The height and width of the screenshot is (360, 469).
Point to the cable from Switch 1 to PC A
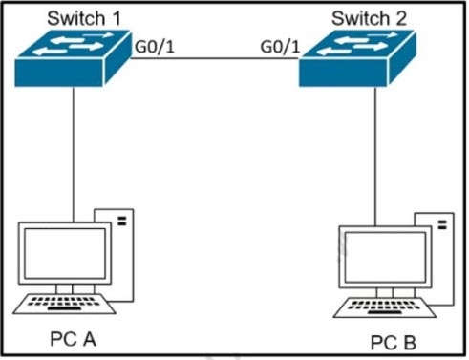pos(73,153)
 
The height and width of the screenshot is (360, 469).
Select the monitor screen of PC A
pos(64,253)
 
